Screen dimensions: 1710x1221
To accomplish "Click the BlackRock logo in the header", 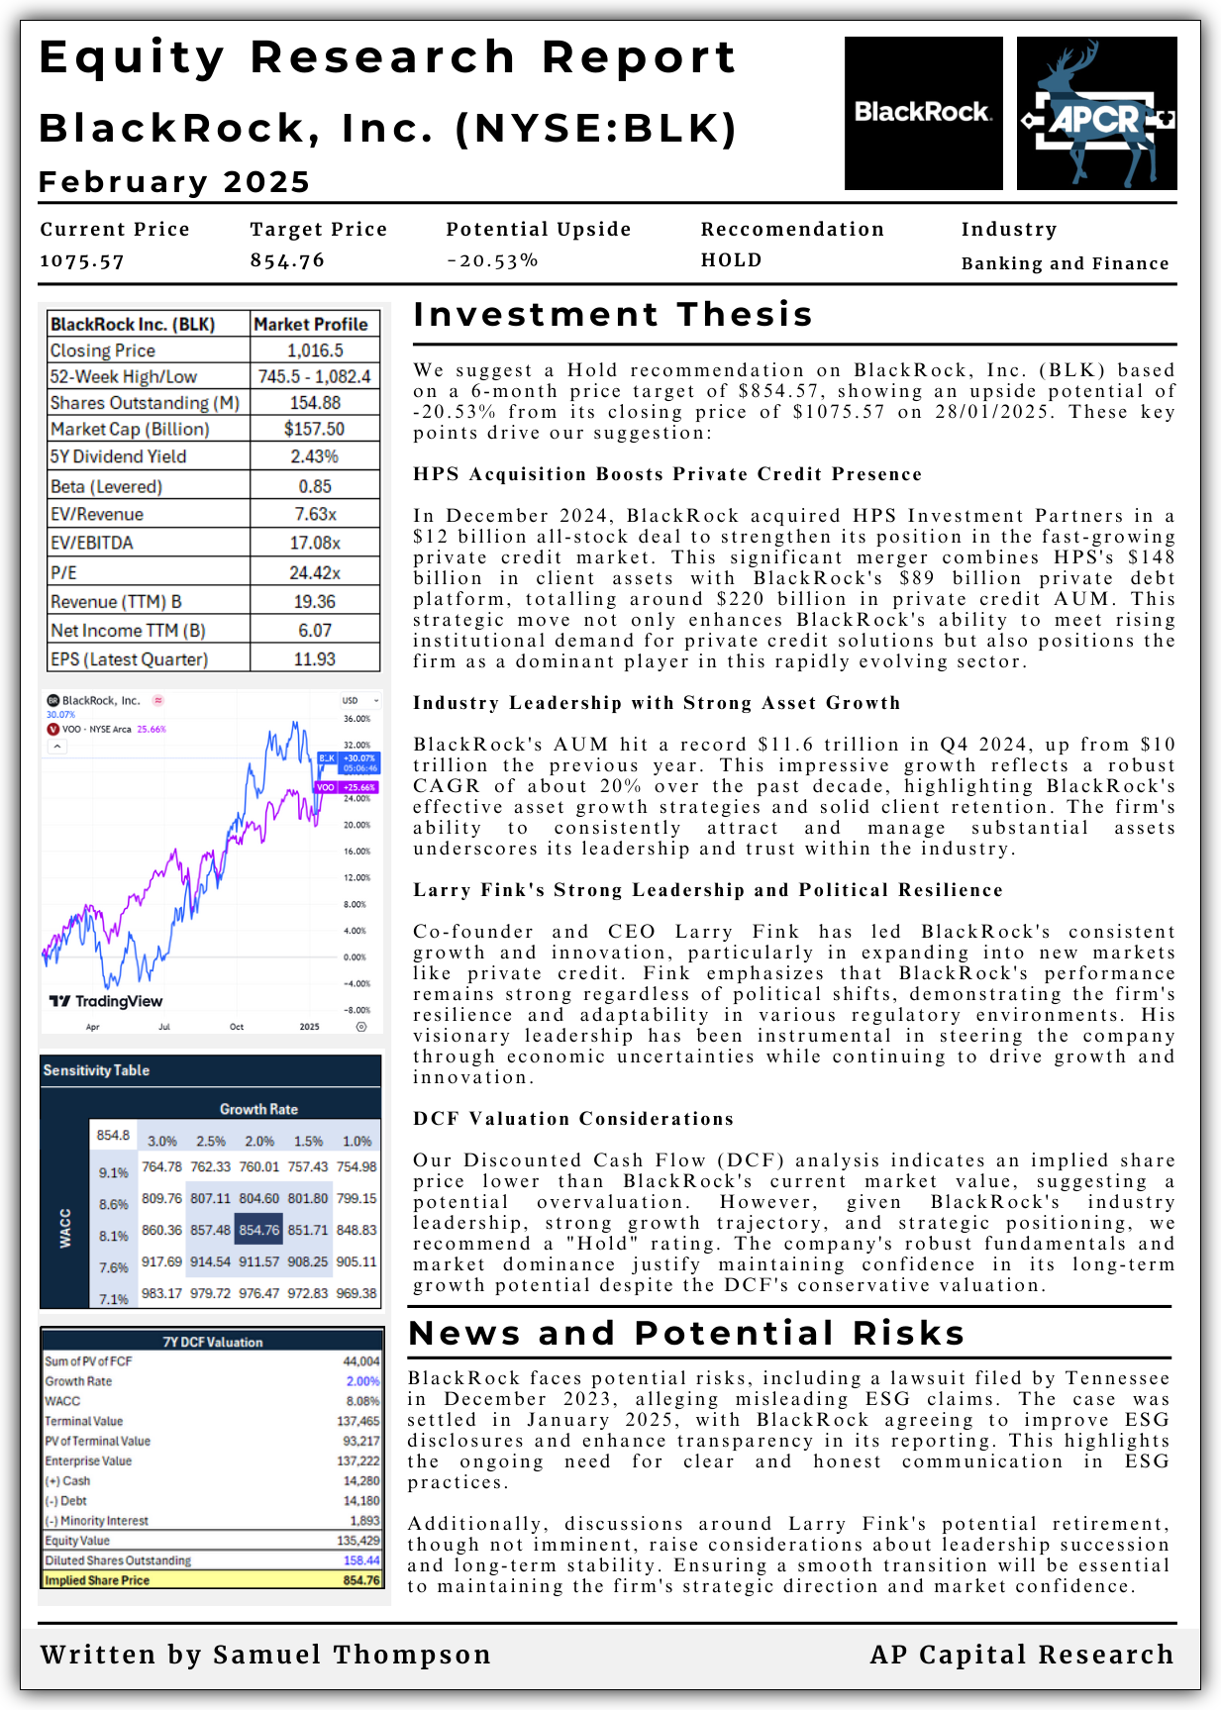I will (x=923, y=113).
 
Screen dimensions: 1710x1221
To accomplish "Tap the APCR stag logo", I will (x=1096, y=114).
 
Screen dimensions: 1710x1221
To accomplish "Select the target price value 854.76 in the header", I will (x=287, y=260).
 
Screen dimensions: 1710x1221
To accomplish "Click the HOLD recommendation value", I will (x=732, y=260).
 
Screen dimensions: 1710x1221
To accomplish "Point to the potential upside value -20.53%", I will (x=492, y=260).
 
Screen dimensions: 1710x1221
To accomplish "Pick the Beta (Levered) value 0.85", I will (x=315, y=486).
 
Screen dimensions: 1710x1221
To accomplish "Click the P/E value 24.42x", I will (x=315, y=572).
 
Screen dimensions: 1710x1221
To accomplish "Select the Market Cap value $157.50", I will (x=315, y=429).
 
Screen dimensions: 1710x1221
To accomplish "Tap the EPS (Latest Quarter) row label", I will (x=130, y=658).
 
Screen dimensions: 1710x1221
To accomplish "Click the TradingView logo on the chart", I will (x=106, y=1001).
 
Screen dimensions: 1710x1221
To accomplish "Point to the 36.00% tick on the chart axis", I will (x=356, y=719).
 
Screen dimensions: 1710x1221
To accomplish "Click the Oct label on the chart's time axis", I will (x=237, y=1027).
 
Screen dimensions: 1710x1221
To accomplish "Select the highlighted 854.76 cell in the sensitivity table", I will (x=259, y=1230).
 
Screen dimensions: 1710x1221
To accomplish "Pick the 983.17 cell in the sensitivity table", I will (x=161, y=1293).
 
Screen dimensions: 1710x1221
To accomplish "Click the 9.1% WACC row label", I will (x=114, y=1172).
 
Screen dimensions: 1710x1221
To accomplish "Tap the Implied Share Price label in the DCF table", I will (x=97, y=1580).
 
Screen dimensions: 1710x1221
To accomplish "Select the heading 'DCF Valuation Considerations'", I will (x=573, y=1119).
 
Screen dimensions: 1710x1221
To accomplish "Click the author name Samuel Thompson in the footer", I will (x=352, y=1655).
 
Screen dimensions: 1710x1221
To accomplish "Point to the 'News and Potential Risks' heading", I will (x=686, y=1333).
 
